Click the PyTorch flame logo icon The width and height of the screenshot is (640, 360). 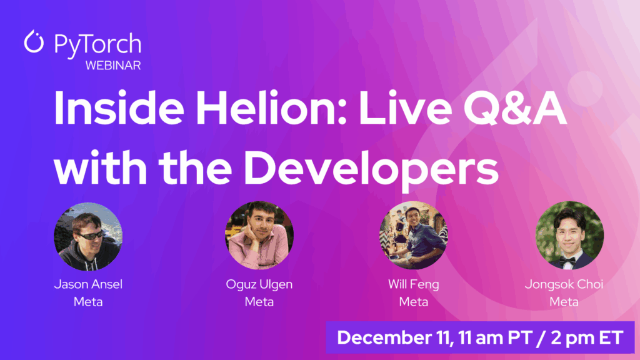[34, 42]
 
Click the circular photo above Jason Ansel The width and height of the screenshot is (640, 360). [88, 236]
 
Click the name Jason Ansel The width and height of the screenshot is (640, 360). [88, 285]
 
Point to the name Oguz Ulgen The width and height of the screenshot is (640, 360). [259, 285]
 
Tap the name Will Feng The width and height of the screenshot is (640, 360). [413, 285]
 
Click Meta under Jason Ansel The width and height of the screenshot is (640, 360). [88, 302]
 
